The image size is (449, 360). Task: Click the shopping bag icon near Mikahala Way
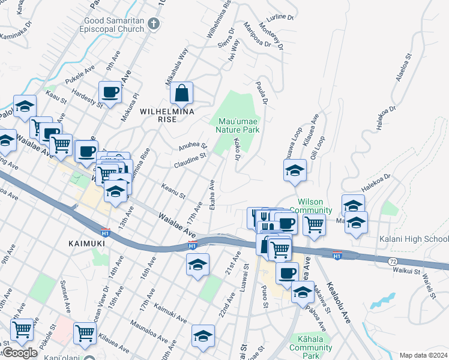click(x=181, y=94)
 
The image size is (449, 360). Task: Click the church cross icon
click(x=154, y=25)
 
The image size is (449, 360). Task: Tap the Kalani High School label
click(x=414, y=239)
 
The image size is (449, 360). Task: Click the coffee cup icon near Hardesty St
click(x=110, y=92)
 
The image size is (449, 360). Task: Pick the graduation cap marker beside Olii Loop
click(x=295, y=170)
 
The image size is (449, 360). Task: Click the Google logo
click(x=20, y=353)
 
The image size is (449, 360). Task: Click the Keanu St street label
click(x=173, y=191)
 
